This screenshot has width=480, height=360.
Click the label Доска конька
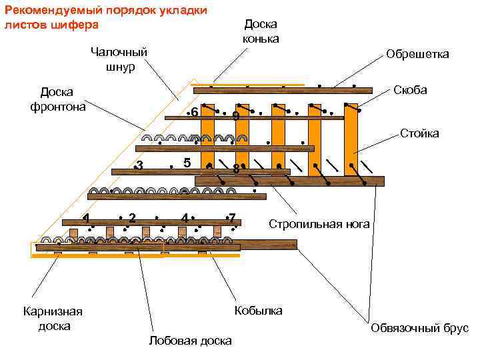pyautogui.click(x=261, y=31)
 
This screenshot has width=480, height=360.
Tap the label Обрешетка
pyautogui.click(x=417, y=54)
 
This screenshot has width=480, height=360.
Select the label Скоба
pyautogui.click(x=410, y=90)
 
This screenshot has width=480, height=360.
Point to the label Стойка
pyautogui.click(x=419, y=133)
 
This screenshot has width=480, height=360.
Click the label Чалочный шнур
pyautogui.click(x=119, y=59)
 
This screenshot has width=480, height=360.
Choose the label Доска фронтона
pyautogui.click(x=57, y=99)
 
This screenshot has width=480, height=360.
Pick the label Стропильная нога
pyautogui.click(x=319, y=224)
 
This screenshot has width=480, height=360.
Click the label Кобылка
pyautogui.click(x=258, y=311)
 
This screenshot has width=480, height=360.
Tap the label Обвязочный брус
pyautogui.click(x=419, y=328)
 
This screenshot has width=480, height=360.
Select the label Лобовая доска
pyautogui.click(x=191, y=341)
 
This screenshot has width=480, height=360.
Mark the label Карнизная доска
pyautogui.click(x=53, y=319)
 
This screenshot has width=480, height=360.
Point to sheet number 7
pyautogui.click(x=232, y=217)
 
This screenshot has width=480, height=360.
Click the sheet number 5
pyautogui.click(x=187, y=163)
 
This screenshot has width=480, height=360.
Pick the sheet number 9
pyautogui.click(x=236, y=116)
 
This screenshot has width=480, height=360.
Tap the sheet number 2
pyautogui.click(x=133, y=217)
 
